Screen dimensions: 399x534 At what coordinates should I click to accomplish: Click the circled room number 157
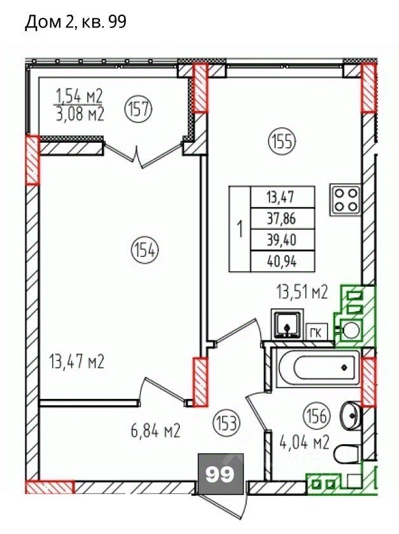coord(139,110)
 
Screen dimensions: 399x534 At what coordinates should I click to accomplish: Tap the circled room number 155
coord(283,141)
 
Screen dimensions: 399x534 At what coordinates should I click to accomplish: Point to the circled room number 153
coord(227,423)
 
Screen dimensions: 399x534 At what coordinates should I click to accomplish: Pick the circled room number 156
coord(316,416)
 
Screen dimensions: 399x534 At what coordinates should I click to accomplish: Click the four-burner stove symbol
coord(346,200)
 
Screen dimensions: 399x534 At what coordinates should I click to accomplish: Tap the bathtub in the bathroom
coord(317,368)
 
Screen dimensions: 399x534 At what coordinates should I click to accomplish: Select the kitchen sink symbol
coord(287,324)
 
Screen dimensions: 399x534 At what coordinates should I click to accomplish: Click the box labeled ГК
coord(316,332)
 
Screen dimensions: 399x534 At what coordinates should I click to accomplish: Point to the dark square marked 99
coord(220,473)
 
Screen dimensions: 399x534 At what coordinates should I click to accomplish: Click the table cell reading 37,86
coord(283,219)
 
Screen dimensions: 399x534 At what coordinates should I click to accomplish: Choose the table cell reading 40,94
coord(283,261)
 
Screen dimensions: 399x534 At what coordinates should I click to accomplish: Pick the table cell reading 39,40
coord(283,240)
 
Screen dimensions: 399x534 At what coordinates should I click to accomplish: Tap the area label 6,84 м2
coord(155,431)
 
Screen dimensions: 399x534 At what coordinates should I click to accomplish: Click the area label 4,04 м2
coord(304,443)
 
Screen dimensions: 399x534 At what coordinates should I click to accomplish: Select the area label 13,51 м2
coord(302,292)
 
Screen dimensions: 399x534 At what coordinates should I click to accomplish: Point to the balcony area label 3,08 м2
coord(80,114)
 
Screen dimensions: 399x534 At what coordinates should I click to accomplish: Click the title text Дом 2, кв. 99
coord(76,22)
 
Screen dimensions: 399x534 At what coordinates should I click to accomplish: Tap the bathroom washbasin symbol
coord(349,416)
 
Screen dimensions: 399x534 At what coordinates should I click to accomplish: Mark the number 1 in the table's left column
coord(240,229)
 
